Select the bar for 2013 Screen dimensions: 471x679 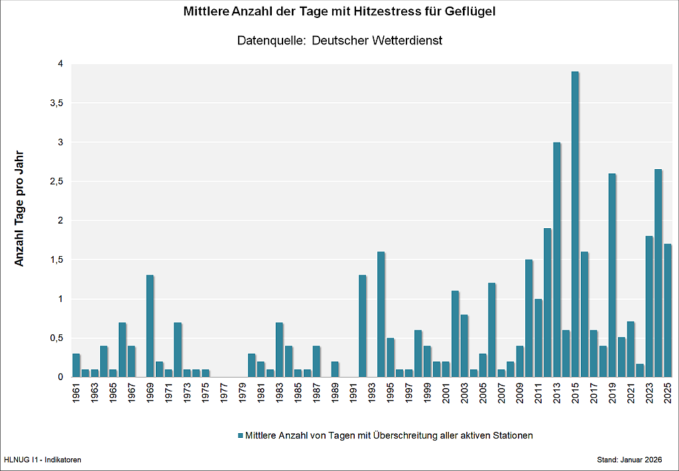point(556,259)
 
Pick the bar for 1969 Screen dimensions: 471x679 point(150,326)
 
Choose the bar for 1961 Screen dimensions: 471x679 point(76,365)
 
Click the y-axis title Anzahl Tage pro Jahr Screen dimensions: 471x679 point(19,208)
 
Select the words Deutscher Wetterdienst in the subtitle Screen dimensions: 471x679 point(377,40)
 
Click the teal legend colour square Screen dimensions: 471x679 point(240,436)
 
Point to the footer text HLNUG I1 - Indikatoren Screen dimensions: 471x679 point(42,460)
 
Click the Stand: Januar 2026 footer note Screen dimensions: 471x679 point(629,460)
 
